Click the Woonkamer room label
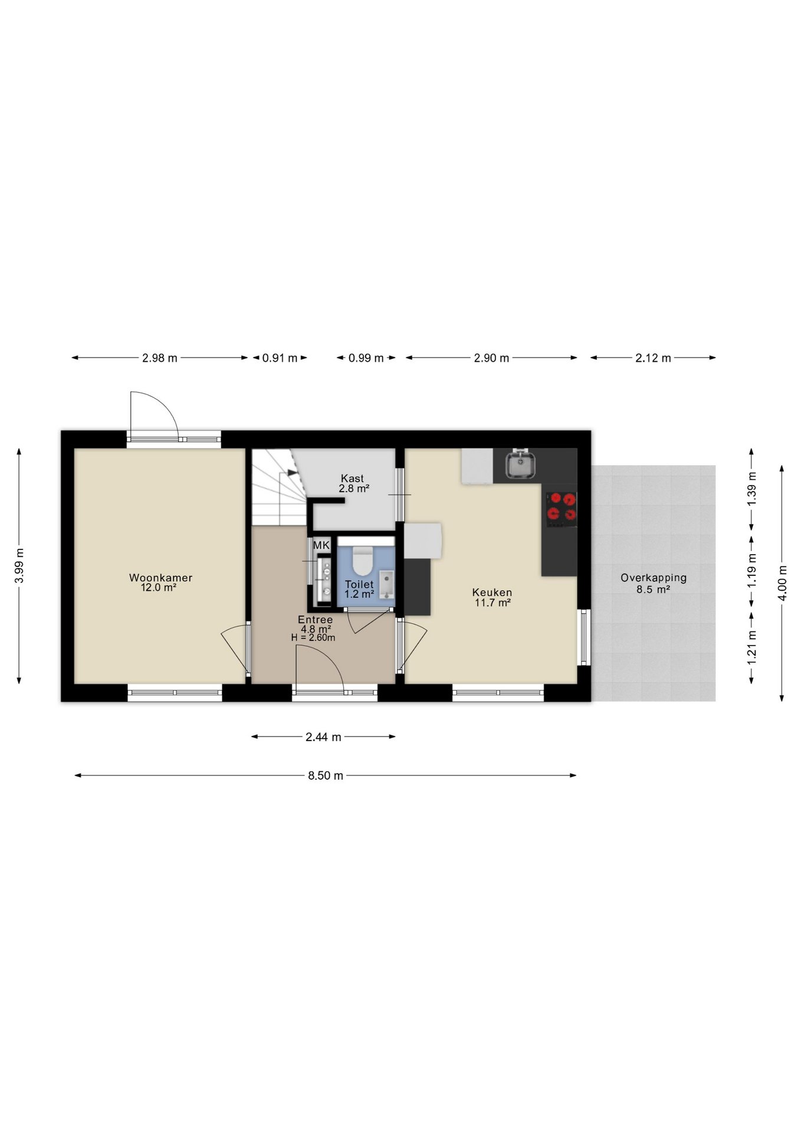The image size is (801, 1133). point(160,578)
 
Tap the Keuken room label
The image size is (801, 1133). point(492,592)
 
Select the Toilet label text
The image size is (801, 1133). point(359,585)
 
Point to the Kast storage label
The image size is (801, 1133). point(352,479)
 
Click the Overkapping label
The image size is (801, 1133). point(654,578)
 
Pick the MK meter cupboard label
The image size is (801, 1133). point(321,545)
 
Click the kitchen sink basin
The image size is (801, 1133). point(520,464)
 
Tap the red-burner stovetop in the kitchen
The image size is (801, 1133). point(561,509)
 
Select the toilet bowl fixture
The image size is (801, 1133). point(362,561)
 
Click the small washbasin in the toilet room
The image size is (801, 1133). point(386,584)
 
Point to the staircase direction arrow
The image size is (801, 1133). point(292,473)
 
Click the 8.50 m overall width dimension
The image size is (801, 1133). point(326,775)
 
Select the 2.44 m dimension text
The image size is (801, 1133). point(323,737)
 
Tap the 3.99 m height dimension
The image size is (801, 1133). point(19,565)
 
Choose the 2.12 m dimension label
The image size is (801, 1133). point(653,358)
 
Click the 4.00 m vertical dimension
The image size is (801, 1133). point(782,582)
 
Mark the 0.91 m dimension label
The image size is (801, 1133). point(280,358)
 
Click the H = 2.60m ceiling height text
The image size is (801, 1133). point(313,638)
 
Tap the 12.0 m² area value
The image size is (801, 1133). point(159,588)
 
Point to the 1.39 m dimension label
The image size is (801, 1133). point(751,488)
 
